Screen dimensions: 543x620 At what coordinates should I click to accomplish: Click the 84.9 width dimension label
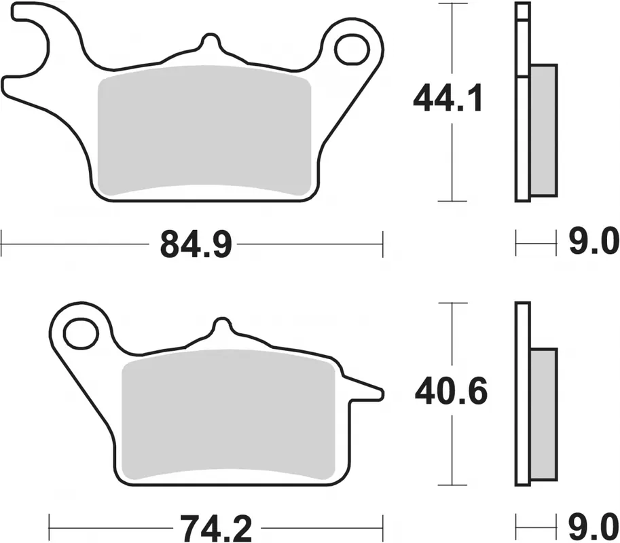click(x=196, y=244)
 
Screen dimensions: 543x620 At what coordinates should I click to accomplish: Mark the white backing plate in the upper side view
click(x=522, y=136)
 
